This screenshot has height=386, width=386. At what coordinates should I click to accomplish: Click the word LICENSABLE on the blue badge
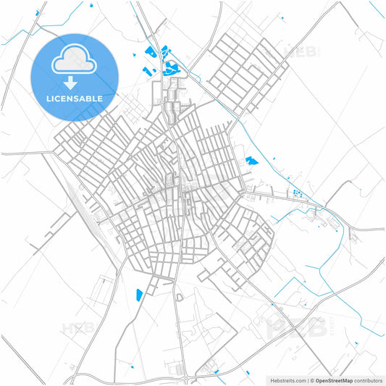pos(73,98)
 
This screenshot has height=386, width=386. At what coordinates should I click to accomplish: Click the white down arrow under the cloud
pos(73,83)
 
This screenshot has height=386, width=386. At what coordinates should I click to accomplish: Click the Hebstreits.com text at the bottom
pos(288,380)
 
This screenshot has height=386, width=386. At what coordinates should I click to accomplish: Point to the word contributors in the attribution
pos(369,380)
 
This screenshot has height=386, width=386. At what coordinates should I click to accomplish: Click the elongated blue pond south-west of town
pos(139,295)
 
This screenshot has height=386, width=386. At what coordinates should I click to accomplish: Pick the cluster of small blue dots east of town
pos(296,193)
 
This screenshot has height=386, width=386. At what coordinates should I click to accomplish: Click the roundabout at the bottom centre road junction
pos(185,378)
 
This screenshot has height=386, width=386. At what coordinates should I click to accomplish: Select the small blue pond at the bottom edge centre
pos(217,372)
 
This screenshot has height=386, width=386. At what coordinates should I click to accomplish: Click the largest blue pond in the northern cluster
pos(171,69)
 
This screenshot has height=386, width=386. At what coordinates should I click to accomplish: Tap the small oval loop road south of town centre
pos(179,297)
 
